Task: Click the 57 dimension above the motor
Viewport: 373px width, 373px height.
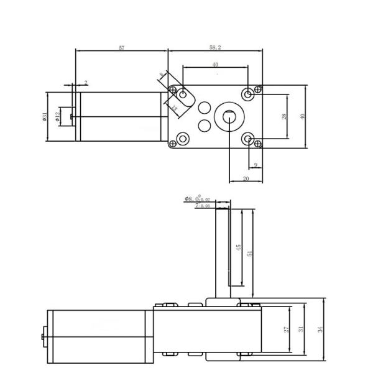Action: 121,48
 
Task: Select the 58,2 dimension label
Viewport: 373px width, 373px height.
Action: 216,48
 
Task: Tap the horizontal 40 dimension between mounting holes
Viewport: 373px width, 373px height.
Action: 216,65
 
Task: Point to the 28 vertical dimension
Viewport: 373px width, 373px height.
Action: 285,116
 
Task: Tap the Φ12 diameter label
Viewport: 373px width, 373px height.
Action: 58,116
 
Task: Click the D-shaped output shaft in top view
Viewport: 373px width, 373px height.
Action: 228,116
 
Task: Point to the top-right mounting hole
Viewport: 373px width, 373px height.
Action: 249,94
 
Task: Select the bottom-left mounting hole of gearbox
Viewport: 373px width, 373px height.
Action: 183,138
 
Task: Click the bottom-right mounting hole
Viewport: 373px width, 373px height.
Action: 249,138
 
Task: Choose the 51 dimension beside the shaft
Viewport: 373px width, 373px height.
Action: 250,253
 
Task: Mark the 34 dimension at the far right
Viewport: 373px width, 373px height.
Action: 321,330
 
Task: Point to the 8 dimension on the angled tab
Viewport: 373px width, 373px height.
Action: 162,75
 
